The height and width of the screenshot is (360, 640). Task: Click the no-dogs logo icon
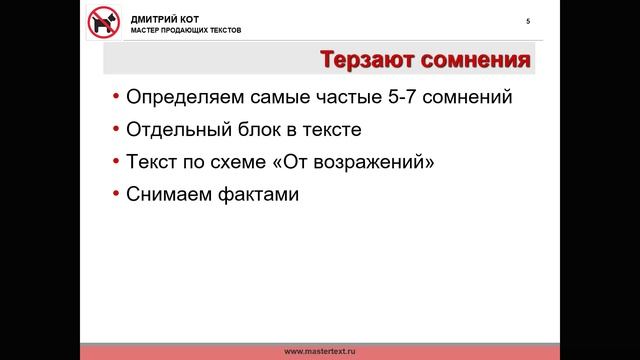(103, 21)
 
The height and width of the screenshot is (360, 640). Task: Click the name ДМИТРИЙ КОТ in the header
(164, 18)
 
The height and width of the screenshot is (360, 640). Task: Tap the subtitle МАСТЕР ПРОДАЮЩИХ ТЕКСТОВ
(185, 30)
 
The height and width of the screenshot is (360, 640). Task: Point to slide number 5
(527, 22)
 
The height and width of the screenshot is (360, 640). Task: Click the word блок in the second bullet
(250, 130)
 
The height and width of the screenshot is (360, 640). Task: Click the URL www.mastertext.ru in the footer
(320, 351)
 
